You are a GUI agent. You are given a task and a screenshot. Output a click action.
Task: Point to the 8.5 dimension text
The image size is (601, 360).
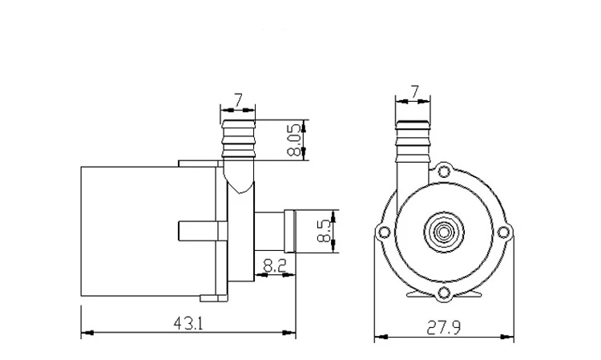point(324,231)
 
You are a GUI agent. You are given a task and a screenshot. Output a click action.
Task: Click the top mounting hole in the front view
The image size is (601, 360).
point(442,171)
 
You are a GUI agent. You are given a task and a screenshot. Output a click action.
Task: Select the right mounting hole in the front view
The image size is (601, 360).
point(502,233)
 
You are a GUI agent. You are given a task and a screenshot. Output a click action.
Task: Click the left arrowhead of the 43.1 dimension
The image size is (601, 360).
point(85,332)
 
